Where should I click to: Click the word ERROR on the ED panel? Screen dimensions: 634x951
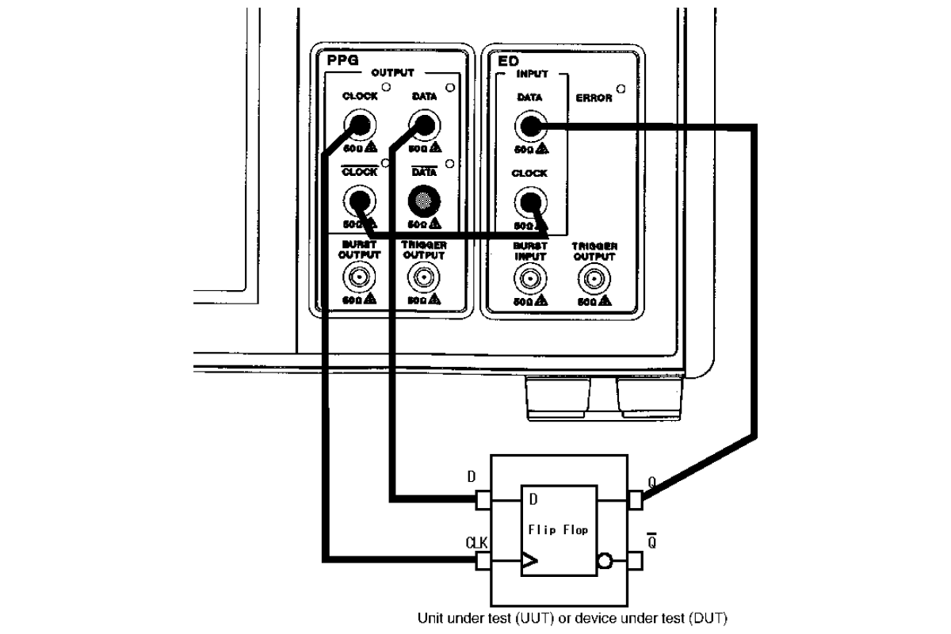click(x=594, y=99)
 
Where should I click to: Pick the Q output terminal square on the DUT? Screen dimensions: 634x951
click(x=636, y=500)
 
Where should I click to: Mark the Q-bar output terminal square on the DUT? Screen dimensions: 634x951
click(x=636, y=562)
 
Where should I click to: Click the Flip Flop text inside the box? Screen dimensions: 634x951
click(x=558, y=530)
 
